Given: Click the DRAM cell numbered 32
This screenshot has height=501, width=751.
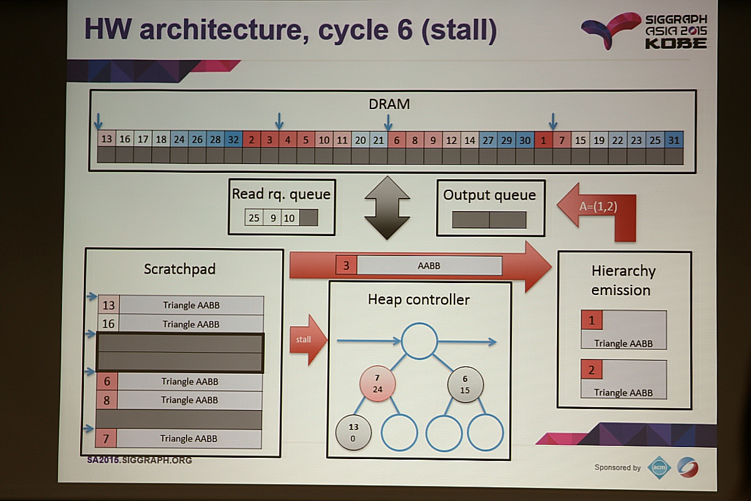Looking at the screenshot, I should (233, 139).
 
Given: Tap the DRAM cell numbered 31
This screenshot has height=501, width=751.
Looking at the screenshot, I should (673, 140).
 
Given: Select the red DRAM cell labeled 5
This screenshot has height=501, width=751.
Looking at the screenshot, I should (306, 139).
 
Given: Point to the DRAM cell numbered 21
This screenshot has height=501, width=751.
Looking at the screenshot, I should (379, 139).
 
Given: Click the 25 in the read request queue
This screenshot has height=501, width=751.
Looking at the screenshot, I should (254, 218).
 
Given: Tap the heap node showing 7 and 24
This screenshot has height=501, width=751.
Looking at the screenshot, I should (377, 384).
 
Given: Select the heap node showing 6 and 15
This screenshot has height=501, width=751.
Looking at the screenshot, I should (465, 384).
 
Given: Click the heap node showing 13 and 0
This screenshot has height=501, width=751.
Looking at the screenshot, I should (353, 432).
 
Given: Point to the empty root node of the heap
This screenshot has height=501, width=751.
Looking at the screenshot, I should (419, 341).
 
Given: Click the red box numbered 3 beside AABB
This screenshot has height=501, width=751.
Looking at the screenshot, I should (346, 265).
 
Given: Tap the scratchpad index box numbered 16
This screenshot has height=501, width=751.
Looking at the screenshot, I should (108, 324).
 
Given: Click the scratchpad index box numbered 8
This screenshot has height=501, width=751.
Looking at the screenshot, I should (107, 400).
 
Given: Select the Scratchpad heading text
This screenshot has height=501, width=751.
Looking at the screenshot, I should (179, 269).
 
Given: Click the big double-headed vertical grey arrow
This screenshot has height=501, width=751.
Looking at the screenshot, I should (387, 207).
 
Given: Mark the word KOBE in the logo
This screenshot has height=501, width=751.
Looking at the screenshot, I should (675, 43).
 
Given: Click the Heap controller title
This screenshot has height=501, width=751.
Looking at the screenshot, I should (419, 299).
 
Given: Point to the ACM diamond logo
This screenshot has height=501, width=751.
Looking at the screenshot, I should (659, 468).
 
